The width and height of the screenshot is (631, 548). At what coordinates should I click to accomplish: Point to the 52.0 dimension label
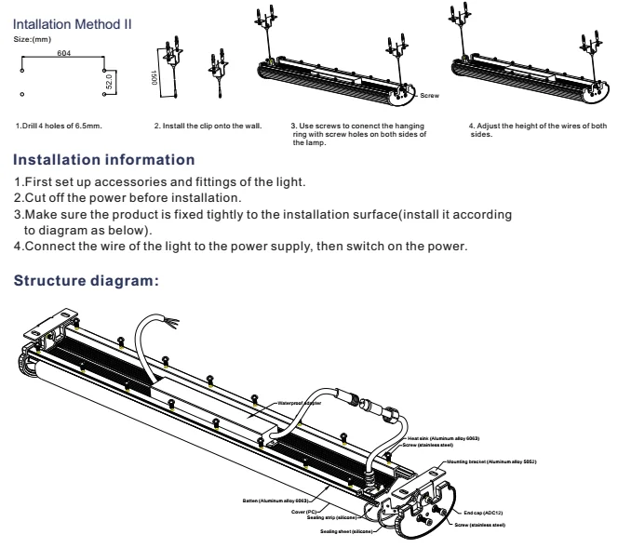[108, 81]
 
